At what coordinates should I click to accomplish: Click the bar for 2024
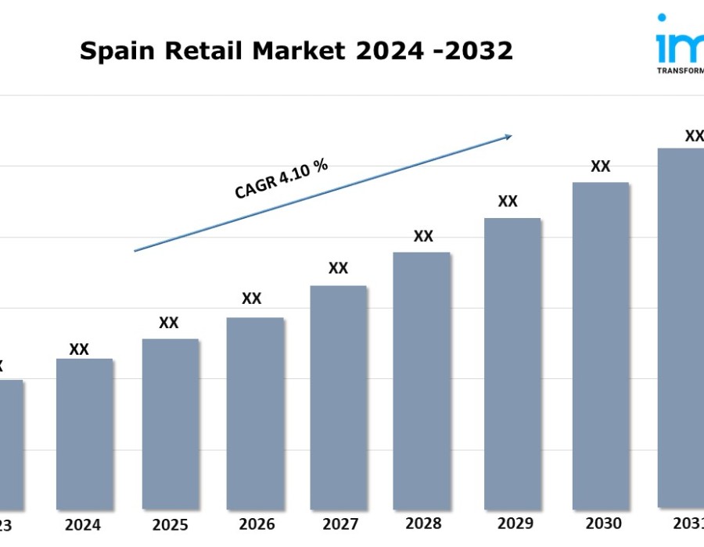pos(84,434)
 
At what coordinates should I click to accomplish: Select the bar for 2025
pos(171,424)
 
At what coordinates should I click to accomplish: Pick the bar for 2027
pos(338,397)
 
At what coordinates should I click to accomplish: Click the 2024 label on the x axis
pos(83,524)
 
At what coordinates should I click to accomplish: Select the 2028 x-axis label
pos(423,523)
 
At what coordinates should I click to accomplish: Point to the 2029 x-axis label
pos(515,523)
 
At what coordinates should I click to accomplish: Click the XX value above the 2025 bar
pos(169,323)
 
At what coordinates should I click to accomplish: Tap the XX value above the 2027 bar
pos(338,268)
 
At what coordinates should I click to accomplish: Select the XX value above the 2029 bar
pos(508,201)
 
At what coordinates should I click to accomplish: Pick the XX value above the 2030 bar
pos(600,166)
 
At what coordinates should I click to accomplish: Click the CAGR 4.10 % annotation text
pos(281,179)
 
